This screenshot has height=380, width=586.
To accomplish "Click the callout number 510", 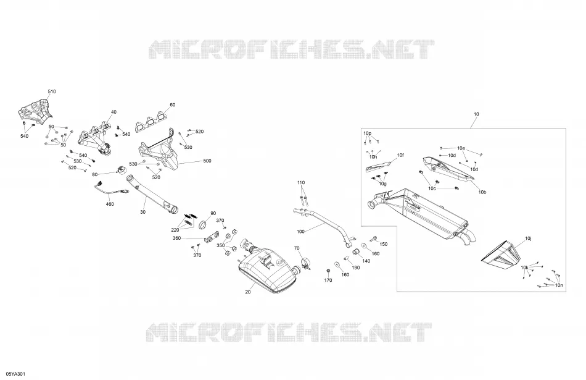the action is coord(52,91).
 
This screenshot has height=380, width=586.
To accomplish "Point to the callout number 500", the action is coord(207,161).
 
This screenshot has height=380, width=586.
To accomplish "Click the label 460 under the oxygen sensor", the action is coord(110,204).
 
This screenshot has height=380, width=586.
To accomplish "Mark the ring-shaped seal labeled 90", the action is coord(204,225).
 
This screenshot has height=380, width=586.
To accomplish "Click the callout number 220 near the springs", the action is coord(175,230).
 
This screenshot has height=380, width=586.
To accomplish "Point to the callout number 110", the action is coord(301,183).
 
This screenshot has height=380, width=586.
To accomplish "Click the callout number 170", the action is coord(328,280).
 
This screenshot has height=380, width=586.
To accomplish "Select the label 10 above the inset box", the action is coord(476,114).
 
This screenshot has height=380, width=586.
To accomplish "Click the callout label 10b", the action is coord(482,192).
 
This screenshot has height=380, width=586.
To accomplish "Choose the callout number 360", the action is coord(177,238).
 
